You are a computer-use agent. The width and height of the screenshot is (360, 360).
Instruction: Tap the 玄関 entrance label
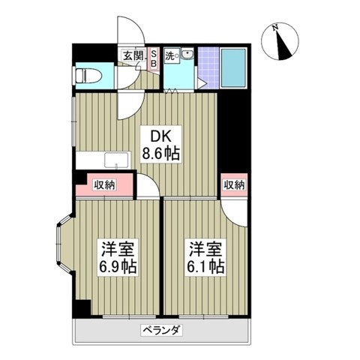coord(133,55)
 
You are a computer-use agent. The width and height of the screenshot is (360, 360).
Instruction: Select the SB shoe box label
coord(154,58)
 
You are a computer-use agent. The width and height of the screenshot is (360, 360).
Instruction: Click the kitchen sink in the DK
coord(116,160)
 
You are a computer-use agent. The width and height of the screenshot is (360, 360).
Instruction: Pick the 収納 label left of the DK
coord(105,184)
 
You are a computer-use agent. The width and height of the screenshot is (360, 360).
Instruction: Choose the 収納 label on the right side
coord(233,184)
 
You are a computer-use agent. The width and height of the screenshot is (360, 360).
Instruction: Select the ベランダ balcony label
coord(162,331)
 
